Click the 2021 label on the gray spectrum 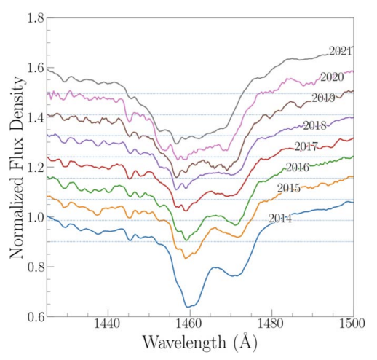click(340, 51)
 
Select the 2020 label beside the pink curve click(332, 77)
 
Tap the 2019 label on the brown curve click(323, 98)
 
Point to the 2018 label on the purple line click(314, 125)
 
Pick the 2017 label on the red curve click(306, 146)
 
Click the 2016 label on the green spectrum click(298, 168)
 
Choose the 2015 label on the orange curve click(289, 188)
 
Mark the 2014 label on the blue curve click(280, 219)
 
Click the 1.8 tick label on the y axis click(36, 18)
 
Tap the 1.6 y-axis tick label click(36, 68)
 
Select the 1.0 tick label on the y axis click(36, 217)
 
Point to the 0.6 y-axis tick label click(36, 317)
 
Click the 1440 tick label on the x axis click(108, 324)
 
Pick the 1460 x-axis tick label click(190, 324)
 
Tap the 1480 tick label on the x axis click(271, 324)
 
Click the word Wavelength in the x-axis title click(184, 343)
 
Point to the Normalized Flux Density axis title click(17, 167)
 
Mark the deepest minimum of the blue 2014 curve click(187, 307)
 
